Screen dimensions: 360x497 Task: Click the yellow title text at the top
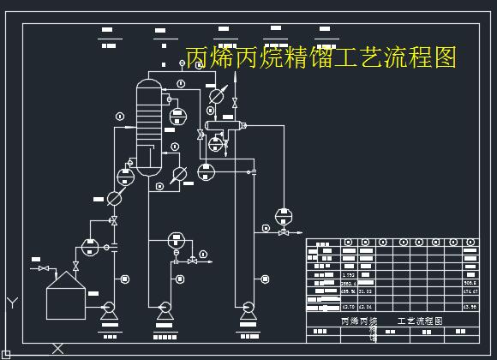pyautogui.click(x=321, y=57)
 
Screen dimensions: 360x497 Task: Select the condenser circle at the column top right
pyautogui.click(x=217, y=96)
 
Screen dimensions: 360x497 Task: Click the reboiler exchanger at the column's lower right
pyautogui.click(x=179, y=174)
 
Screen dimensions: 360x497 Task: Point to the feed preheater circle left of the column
pyautogui.click(x=114, y=198)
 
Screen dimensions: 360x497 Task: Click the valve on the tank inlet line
pyautogui.click(x=45, y=269)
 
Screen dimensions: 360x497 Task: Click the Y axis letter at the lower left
pyautogui.click(x=12, y=303)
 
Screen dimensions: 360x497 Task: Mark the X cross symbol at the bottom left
pyautogui.click(x=57, y=348)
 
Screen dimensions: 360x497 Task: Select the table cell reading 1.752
pyautogui.click(x=348, y=274)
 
